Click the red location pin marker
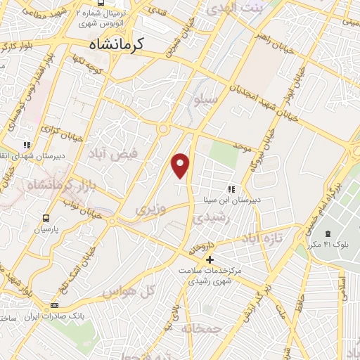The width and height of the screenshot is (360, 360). [181, 165]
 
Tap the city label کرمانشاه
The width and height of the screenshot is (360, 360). [118, 44]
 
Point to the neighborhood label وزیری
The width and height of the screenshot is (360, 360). [150, 210]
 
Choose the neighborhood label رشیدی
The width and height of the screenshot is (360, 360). [209, 219]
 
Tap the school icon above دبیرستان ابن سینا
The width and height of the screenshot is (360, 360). [231, 189]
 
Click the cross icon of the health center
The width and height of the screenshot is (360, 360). [210, 260]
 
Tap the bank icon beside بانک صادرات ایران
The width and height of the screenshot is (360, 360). [55, 305]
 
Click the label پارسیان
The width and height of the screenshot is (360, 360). [46, 229]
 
